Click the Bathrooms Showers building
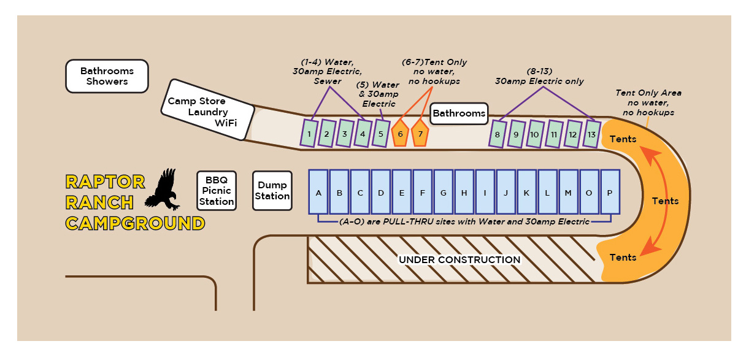107,76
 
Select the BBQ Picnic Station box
217,191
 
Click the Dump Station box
272,191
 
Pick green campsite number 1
310,134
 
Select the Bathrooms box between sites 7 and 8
459,113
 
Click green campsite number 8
497,134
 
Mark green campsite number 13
591,134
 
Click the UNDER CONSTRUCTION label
460,260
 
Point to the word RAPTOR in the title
106,182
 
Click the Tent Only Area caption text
648,103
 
